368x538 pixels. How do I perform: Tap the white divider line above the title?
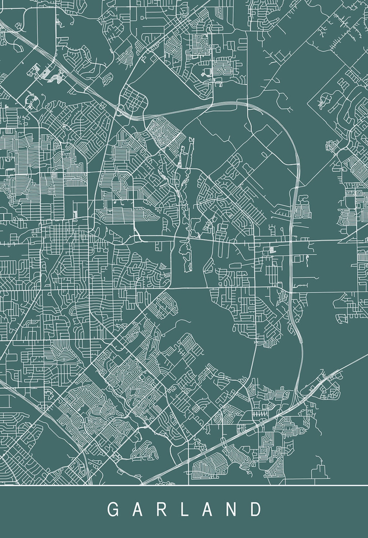(x=184, y=485)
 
